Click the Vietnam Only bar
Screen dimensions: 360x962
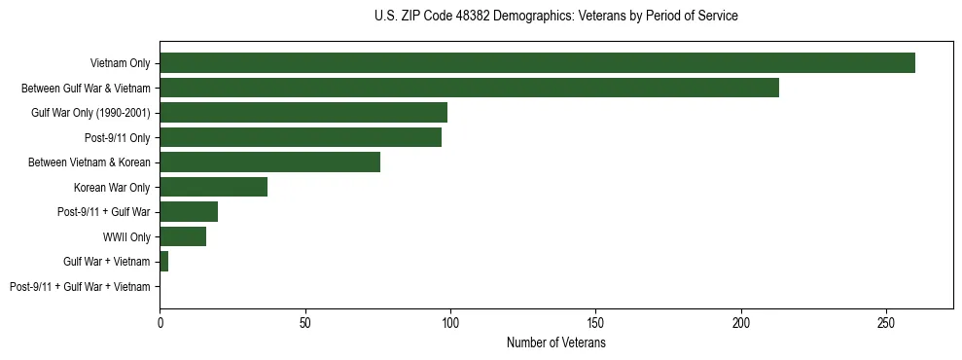click(537, 63)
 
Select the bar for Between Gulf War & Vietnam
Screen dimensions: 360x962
click(469, 88)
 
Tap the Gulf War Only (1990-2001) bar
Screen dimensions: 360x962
click(303, 113)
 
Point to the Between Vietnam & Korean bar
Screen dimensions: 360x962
click(269, 162)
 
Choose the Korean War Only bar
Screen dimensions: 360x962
click(213, 187)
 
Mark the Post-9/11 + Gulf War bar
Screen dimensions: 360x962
click(189, 212)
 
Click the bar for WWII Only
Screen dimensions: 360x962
click(183, 236)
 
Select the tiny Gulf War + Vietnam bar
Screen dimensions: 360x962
click(163, 262)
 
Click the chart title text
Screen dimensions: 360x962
click(555, 17)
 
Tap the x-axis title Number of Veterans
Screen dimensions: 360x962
click(555, 343)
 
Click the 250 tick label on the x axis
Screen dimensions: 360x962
click(886, 321)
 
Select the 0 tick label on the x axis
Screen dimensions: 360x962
click(160, 321)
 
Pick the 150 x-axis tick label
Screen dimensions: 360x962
click(595, 321)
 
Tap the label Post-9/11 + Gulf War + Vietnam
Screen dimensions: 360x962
click(80, 287)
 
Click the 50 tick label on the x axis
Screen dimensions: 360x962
click(304, 321)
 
